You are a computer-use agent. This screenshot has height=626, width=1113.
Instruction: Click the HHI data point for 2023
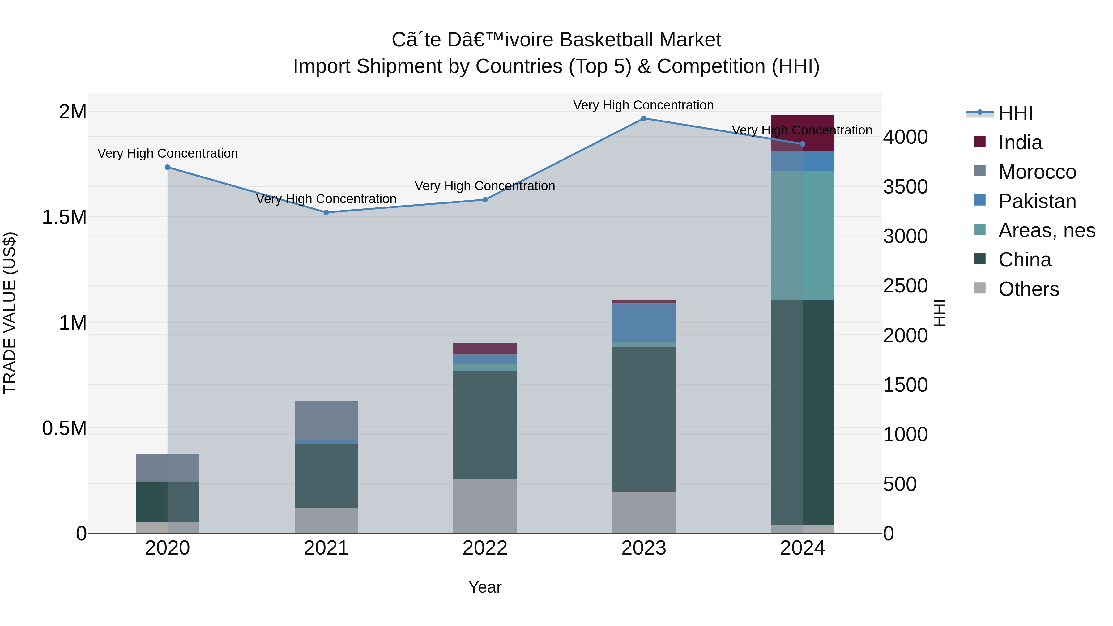[x=643, y=118]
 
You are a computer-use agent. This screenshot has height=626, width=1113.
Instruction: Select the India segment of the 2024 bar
[x=802, y=133]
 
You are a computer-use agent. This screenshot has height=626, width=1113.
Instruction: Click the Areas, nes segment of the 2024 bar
[x=802, y=236]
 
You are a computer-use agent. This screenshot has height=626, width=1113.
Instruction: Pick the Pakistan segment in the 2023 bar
[x=643, y=322]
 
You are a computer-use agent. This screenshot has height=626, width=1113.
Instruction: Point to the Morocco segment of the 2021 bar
[x=326, y=420]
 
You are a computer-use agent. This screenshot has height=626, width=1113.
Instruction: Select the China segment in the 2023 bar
[x=643, y=419]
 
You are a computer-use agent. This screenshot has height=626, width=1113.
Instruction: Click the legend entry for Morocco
[x=1037, y=172]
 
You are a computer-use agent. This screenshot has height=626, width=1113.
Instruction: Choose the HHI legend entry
[x=1015, y=113]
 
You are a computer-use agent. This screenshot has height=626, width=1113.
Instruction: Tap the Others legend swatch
[x=980, y=288]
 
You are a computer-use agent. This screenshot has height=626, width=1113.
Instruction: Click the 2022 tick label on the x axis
[x=485, y=548]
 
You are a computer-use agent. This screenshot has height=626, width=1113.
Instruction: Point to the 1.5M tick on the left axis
[x=64, y=217]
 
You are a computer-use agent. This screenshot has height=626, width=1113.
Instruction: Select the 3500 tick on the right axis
[x=905, y=187]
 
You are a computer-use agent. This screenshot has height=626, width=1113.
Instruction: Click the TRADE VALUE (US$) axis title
[x=10, y=313]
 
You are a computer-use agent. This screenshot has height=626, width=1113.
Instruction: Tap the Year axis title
[x=485, y=587]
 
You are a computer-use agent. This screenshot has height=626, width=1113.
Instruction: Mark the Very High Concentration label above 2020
[x=168, y=153]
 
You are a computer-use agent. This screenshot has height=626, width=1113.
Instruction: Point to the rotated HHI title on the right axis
[x=939, y=313]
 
